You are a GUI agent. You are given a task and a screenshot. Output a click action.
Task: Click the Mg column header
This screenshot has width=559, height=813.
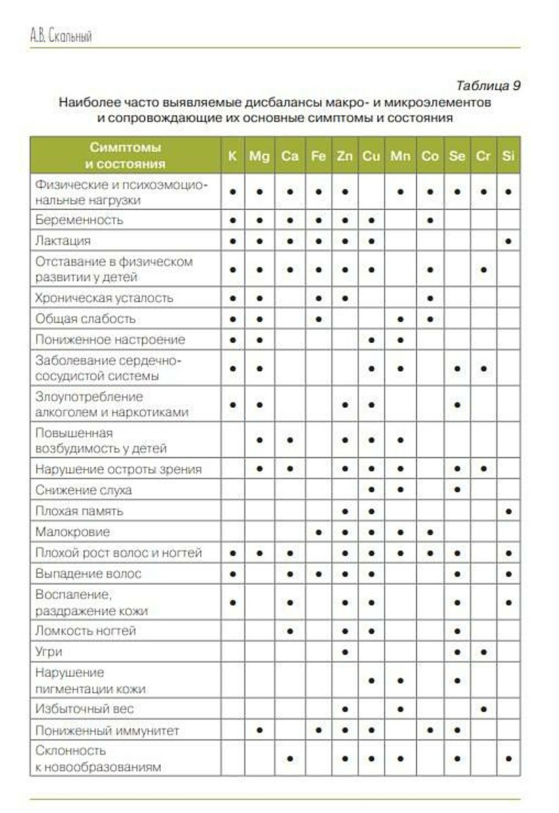259,156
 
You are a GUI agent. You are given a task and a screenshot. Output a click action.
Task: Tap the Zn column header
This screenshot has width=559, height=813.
345,156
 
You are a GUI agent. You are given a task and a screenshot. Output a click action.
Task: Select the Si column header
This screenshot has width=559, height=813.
508,156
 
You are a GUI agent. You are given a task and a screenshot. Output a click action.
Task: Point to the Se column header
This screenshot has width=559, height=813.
457,156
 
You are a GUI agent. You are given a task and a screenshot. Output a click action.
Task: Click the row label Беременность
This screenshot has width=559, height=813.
79,220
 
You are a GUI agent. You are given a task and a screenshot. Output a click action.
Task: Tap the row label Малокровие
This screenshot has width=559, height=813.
72,532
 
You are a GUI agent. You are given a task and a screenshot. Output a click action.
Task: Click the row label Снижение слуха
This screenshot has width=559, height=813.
83,490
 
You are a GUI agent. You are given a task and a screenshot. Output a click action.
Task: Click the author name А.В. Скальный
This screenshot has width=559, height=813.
61,37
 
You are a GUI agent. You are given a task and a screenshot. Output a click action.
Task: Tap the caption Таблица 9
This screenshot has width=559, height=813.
488,86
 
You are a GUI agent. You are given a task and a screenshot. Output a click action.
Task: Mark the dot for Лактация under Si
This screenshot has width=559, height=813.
508,241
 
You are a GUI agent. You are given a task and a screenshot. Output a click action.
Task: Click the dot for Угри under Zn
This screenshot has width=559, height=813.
345,652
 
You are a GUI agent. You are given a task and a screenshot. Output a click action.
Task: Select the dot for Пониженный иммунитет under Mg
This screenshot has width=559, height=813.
259,730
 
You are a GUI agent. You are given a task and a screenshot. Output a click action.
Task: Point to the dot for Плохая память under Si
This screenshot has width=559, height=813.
508,511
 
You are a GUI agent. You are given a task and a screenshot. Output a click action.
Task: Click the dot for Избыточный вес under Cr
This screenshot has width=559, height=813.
483,709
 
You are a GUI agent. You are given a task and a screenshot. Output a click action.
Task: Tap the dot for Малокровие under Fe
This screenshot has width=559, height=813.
318,533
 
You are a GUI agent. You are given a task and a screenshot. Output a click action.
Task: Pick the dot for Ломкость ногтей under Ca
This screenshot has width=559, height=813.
290,631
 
